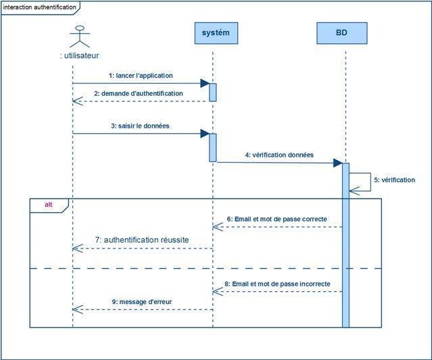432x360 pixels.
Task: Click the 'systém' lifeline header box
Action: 216,33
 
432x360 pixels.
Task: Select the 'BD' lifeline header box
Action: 341,33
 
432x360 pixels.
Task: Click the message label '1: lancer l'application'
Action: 141,75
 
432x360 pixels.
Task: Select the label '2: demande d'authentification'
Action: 138,93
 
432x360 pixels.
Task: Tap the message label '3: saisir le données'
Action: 141,126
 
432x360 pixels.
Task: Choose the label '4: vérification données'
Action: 279,155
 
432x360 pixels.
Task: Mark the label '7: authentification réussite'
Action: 141,240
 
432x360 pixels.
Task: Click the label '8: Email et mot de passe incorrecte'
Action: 278,284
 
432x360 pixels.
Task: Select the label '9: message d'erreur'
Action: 142,301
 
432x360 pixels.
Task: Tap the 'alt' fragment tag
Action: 49,205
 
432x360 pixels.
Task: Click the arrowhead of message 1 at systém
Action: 205,83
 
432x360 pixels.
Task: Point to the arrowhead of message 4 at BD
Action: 337,163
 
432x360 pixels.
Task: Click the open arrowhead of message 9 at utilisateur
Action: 77,309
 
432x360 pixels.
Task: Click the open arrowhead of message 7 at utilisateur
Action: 77,249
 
